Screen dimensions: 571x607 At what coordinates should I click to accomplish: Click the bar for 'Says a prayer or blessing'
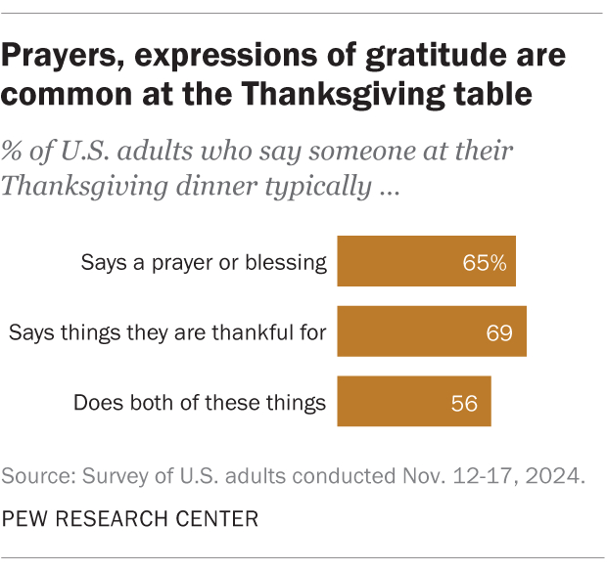click(x=426, y=261)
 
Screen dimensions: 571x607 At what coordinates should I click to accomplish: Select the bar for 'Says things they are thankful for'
click(x=432, y=332)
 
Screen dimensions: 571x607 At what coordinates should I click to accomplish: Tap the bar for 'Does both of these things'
click(x=413, y=401)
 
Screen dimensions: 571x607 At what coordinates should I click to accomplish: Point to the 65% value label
click(x=486, y=262)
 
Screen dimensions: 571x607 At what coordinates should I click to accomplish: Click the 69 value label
click(x=500, y=333)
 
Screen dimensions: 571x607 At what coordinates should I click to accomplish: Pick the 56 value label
click(x=465, y=402)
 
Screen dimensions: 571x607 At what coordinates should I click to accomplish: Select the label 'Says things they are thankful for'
click(x=166, y=333)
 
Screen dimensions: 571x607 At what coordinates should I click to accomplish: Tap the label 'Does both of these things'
click(x=200, y=402)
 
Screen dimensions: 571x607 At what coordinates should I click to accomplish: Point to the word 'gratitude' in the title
click(x=438, y=56)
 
